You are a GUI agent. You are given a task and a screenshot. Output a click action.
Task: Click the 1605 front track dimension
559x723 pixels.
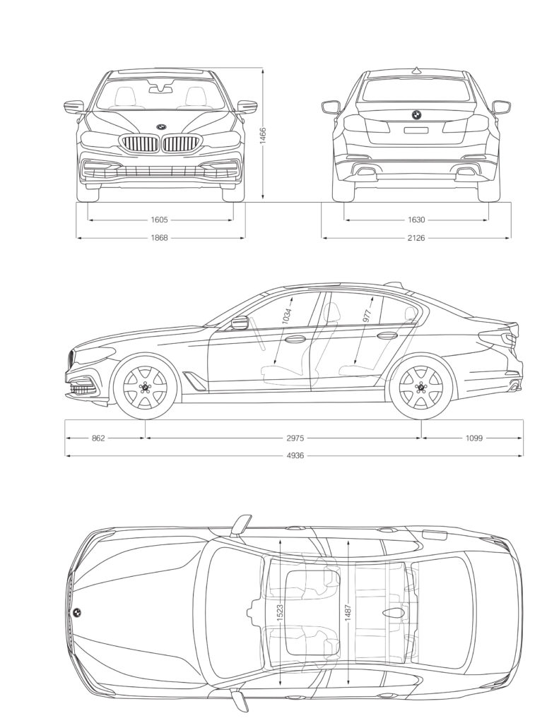coord(159,220)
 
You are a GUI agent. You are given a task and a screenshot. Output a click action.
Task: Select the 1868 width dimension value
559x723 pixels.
coord(159,238)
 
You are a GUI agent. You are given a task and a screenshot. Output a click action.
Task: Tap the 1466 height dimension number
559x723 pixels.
coord(263,136)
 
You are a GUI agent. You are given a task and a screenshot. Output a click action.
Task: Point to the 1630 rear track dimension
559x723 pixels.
coord(416,220)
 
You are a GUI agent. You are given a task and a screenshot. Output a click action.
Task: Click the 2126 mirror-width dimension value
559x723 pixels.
coord(416,238)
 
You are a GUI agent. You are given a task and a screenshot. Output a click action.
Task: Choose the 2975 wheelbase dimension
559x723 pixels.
coord(295,438)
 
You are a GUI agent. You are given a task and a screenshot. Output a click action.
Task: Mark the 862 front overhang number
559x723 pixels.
coord(98,438)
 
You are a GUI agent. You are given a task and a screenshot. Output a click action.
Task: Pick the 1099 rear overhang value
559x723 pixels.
coord(473,438)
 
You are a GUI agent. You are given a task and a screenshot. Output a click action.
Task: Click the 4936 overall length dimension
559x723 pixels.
coord(295,456)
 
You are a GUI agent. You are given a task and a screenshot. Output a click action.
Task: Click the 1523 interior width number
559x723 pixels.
coord(280,612)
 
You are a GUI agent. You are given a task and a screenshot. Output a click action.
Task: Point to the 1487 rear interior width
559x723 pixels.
coord(348,612)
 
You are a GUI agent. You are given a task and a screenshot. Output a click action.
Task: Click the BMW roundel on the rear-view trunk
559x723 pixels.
coord(416,115)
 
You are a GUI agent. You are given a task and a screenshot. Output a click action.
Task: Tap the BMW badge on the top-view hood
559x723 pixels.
coord(76,613)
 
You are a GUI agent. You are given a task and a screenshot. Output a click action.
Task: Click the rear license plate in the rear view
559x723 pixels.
coord(416,130)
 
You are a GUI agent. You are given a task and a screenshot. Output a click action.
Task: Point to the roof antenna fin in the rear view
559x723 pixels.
coord(417,71)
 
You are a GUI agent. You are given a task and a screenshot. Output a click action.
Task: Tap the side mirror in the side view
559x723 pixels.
coord(239,323)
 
